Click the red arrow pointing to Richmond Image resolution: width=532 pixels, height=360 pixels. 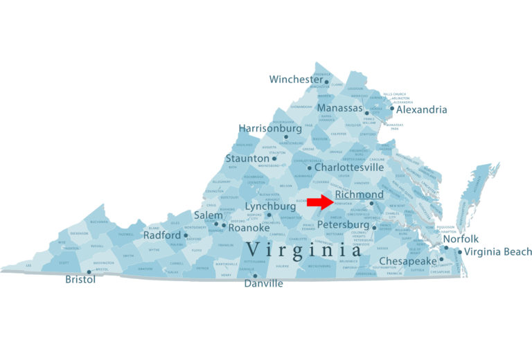coord(319,201)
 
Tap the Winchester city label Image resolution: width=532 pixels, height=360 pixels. coord(296,80)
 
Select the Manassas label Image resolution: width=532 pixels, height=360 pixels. coord(340,109)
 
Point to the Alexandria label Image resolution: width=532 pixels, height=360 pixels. coord(422,109)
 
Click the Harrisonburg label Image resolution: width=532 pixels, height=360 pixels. coord(270,129)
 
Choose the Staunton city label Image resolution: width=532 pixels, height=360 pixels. coord(247,159)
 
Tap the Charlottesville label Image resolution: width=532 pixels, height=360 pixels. coord(349,168)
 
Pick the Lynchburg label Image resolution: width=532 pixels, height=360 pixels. coord(270,206)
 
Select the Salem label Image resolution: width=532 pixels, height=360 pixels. coord(208,215)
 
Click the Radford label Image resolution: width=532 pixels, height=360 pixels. coord(161,235)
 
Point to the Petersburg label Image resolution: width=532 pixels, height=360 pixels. coord(344,225)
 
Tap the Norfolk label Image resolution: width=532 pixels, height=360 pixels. coord(461,239)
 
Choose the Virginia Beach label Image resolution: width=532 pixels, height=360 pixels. coord(498,252)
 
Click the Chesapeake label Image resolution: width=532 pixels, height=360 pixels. coord(408,261)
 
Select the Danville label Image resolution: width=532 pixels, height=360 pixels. coord(263,284)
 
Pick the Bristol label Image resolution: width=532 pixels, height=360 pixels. coord(80,280)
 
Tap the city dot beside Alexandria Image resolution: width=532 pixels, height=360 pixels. coord(392,108)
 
